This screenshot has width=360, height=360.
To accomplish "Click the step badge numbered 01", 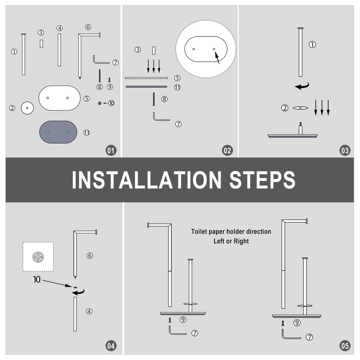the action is pyautogui.click(x=111, y=150).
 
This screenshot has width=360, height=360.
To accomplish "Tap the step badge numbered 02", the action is pyautogui.click(x=227, y=150).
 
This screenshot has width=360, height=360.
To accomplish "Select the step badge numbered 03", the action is pyautogui.click(x=345, y=150).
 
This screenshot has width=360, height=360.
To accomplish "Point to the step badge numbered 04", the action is pyautogui.click(x=111, y=346).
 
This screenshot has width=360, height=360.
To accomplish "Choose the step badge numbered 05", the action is pyautogui.click(x=345, y=346).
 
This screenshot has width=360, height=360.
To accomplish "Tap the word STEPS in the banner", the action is pyautogui.click(x=262, y=180).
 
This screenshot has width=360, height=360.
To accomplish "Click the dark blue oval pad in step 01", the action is pyautogui.click(x=58, y=132).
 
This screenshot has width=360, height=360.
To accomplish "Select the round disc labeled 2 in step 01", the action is pyautogui.click(x=27, y=108).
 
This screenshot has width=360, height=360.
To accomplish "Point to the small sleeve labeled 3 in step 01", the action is pyautogui.click(x=41, y=44).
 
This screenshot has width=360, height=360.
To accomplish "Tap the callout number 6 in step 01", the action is pyautogui.click(x=88, y=27).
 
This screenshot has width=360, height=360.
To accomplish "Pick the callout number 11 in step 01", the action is pyautogui.click(x=86, y=132).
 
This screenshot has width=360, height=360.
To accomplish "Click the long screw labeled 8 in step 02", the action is pyautogui.click(x=153, y=99).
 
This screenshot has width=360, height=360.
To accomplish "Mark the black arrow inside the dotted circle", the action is pyautogui.click(x=217, y=58).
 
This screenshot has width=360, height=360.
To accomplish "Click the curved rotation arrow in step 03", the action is pyautogui.click(x=302, y=86).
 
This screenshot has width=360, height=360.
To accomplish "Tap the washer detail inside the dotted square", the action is pyautogui.click(x=38, y=257).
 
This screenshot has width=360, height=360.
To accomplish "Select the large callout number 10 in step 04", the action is pyautogui.click(x=36, y=279).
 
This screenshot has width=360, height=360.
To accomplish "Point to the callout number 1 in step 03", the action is pyautogui.click(x=312, y=44).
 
